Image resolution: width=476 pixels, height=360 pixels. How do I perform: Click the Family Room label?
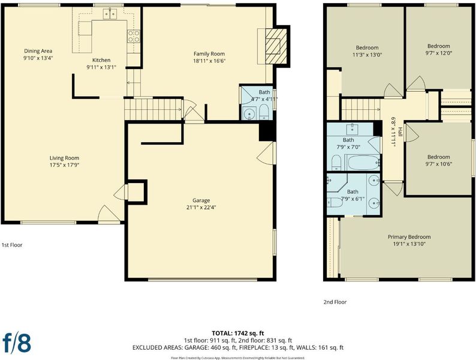pos(209,54)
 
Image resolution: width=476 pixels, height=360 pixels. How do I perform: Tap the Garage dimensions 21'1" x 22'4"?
pos(201,208)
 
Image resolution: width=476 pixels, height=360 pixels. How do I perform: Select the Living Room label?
pos(64,158)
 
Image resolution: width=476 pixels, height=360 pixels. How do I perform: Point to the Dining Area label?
pos(38,51)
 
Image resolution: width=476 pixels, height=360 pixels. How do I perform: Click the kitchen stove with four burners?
pos(134,36)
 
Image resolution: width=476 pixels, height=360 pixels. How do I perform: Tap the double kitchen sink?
pos(110,14)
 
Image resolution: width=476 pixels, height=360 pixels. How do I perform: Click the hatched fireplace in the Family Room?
pos(276,46)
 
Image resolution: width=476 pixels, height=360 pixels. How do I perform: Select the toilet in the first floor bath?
pos(264,112)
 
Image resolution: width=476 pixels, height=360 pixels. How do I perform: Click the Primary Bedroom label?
pos(409,237)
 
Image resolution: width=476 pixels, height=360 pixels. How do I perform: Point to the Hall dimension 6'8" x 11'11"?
pos(394,132)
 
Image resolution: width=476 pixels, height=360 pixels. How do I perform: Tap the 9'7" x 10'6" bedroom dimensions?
pos(438,164)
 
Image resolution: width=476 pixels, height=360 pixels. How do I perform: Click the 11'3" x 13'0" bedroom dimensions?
pos(367,55)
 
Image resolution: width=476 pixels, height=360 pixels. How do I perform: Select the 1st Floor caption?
pos(12,245)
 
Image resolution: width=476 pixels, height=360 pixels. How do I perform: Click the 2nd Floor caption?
pos(335,302)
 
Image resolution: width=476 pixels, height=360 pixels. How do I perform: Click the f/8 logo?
pos(17,343)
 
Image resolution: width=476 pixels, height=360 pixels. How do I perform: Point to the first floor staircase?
pos(154,110)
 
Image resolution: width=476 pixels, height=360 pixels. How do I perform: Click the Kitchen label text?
pos(101,60)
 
